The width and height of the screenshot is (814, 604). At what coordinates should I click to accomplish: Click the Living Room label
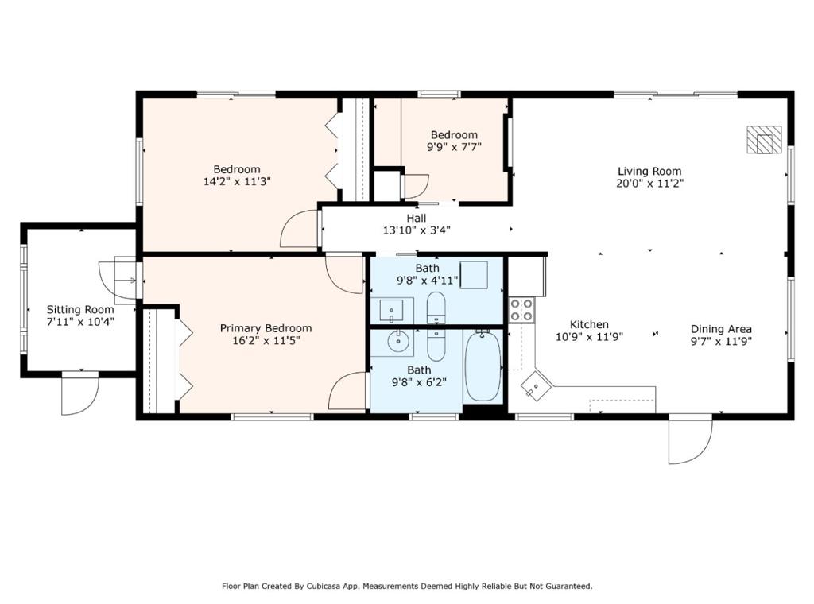tap(649, 171)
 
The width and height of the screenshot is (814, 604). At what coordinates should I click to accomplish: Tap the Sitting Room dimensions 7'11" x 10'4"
tap(80, 322)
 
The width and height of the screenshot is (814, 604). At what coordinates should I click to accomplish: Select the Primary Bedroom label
tap(266, 328)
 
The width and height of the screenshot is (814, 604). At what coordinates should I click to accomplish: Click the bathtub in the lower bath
tap(483, 366)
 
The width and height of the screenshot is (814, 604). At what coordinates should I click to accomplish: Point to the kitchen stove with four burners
tap(521, 310)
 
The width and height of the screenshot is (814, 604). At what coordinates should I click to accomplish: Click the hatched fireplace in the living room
tap(764, 140)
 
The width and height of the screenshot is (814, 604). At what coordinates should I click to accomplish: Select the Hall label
tap(417, 219)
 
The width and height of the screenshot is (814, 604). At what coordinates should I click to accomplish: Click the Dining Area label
tap(721, 329)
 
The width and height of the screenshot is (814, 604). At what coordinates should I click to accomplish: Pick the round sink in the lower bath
tap(398, 341)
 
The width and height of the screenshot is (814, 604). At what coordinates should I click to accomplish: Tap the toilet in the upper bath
tap(436, 308)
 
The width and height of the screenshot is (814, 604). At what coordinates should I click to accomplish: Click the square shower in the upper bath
tap(474, 275)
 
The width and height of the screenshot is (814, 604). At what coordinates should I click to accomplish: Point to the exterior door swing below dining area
tap(690, 439)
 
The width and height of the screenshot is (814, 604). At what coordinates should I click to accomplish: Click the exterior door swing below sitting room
tap(79, 394)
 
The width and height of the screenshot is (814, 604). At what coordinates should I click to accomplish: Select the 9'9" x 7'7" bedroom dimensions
tap(454, 147)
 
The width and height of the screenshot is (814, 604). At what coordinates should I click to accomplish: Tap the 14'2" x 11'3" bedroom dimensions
tap(237, 182)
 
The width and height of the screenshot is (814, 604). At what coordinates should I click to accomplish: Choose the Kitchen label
tap(589, 324)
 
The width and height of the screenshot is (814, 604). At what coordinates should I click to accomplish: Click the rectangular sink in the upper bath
tap(391, 310)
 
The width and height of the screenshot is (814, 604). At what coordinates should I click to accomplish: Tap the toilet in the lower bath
tap(436, 345)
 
